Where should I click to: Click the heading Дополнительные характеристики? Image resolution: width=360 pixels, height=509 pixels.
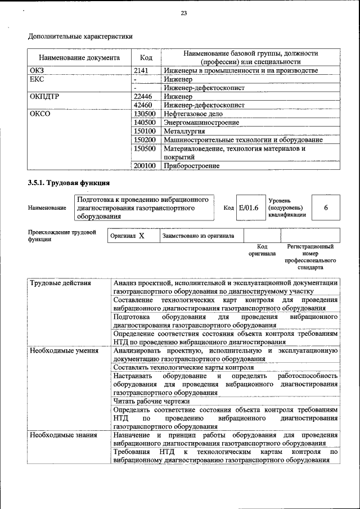tap(80, 37)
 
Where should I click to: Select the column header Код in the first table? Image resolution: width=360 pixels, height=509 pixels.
tap(146, 57)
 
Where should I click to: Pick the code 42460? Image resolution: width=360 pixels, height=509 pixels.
tap(144, 105)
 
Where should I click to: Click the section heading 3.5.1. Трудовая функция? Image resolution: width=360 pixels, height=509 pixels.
tap(69, 183)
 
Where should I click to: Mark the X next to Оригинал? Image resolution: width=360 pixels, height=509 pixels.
tap(142, 236)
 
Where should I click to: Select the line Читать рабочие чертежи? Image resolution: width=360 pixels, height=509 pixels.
tap(151, 401)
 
